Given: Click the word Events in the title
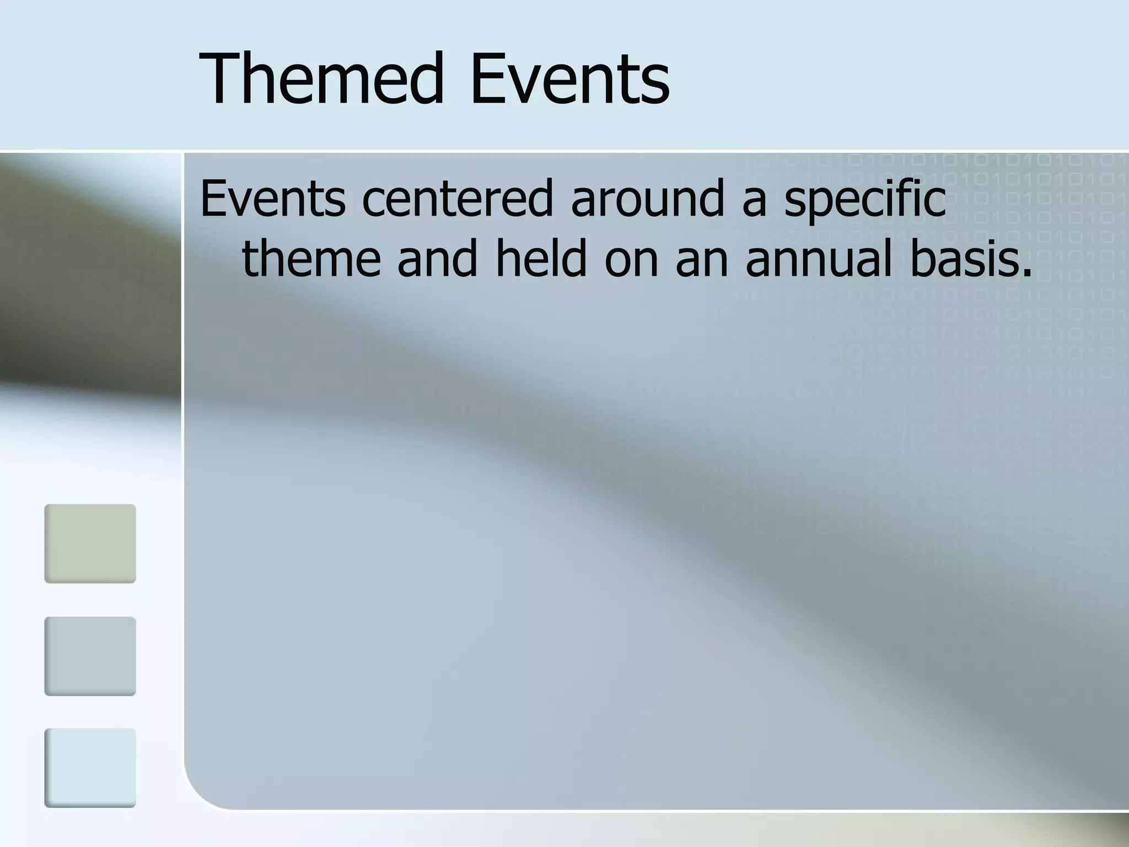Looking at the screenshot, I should pos(570,78).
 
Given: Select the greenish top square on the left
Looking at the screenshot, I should pos(90,543).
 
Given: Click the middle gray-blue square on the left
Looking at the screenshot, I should pos(90,656).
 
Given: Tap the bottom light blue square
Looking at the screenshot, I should pos(90,768).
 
